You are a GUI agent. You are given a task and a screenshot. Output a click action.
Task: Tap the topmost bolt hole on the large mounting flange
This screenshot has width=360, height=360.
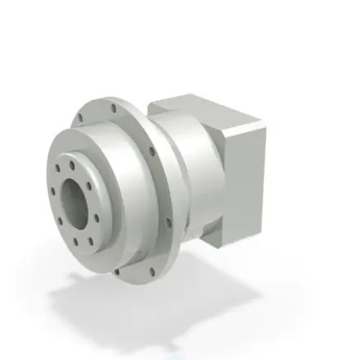click(113, 107)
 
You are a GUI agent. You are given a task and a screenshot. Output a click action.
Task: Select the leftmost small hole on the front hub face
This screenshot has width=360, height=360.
click(53, 194)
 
